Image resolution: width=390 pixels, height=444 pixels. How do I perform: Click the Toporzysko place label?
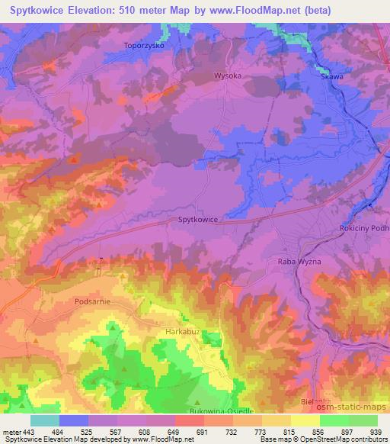pyautogui.click(x=144, y=46)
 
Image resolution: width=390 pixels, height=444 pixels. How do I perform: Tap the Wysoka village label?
pyautogui.click(x=206, y=76)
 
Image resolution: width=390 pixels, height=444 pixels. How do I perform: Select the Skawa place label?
pyautogui.click(x=331, y=76)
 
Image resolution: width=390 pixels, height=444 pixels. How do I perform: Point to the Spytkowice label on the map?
pyautogui.click(x=198, y=220)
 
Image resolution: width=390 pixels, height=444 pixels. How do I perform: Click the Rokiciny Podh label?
pyautogui.click(x=363, y=229)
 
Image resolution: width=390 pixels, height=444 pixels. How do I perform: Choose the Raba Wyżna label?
pyautogui.click(x=293, y=261)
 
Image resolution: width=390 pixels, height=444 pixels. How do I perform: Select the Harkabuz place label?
pyautogui.click(x=181, y=333)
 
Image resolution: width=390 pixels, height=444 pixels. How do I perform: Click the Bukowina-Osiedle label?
pyautogui.click(x=198, y=410)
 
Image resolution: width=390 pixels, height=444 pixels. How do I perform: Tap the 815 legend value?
pyautogui.click(x=289, y=431)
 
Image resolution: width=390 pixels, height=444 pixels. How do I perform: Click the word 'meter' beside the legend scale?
pyautogui.click(x=11, y=431)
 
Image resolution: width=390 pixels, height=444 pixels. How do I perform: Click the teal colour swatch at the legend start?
pyautogui.click(x=44, y=420)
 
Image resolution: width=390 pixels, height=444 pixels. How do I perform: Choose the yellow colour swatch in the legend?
pyautogui.click(x=305, y=420)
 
